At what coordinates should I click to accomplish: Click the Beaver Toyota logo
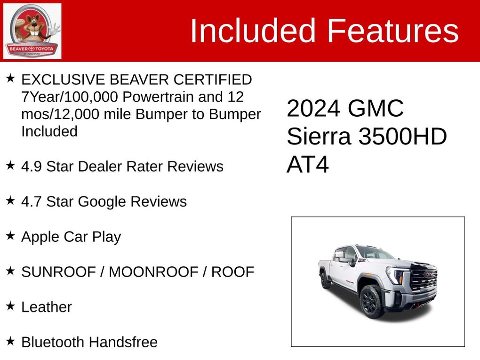(32, 31)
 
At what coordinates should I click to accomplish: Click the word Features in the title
(393, 31)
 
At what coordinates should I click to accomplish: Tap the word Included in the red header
(253, 31)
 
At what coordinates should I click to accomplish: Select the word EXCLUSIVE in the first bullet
(63, 80)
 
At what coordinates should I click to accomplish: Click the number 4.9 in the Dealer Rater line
(31, 167)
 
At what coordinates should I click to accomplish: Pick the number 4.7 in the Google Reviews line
(31, 201)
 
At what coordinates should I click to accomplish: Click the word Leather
(47, 307)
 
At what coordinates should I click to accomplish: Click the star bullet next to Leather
(10, 305)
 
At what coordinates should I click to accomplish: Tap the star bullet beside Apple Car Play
(10, 235)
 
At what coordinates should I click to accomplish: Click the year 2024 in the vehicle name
(313, 108)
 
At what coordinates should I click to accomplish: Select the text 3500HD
(403, 136)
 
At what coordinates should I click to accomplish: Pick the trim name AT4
(308, 165)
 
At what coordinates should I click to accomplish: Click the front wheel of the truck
(371, 301)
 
